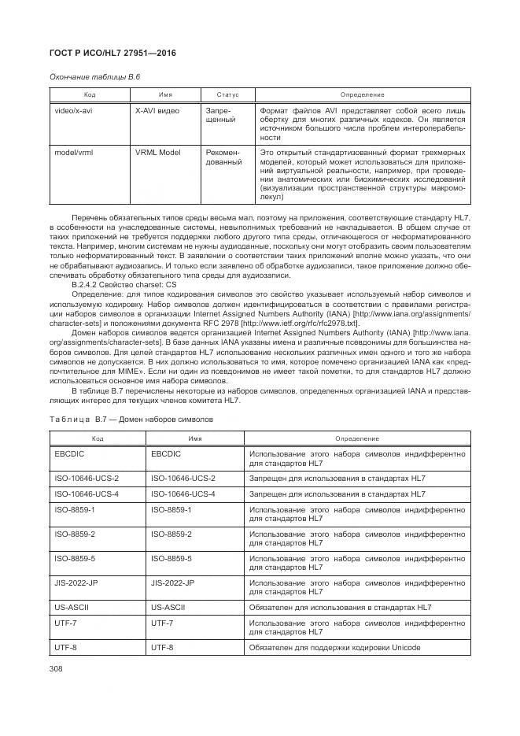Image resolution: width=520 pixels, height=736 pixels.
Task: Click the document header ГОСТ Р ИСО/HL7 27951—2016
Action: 112,54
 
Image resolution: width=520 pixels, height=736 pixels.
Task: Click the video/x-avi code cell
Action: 73,111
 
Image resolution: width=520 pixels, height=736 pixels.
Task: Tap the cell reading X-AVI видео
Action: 157,111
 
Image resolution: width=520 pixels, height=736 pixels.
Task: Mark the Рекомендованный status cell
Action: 223,158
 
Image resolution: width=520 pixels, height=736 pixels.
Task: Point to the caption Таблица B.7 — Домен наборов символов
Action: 131,420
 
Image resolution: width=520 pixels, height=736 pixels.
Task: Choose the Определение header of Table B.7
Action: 356,438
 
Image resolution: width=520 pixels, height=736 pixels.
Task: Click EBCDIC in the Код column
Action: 69,454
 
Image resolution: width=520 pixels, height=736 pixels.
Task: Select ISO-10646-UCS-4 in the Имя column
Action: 183,494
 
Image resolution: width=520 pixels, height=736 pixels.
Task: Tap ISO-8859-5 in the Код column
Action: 76,559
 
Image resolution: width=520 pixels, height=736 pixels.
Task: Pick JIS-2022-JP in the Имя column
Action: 172,583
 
